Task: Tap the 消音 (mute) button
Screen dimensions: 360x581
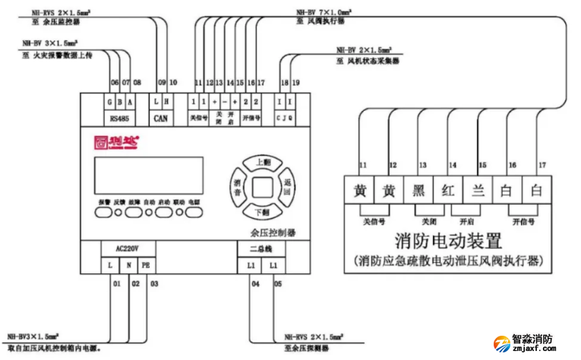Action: (237, 185)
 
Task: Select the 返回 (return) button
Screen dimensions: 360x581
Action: (288, 185)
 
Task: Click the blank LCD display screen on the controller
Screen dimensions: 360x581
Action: (147, 175)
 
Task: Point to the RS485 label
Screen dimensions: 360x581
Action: (120, 118)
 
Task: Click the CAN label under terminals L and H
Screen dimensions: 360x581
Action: (161, 118)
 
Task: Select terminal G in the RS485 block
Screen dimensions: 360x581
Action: (111, 101)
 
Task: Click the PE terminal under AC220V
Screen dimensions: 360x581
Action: (147, 265)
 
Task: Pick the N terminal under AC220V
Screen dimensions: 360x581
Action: (128, 265)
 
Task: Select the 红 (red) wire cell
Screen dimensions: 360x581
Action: (448, 191)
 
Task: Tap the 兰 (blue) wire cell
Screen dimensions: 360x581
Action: (478, 191)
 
